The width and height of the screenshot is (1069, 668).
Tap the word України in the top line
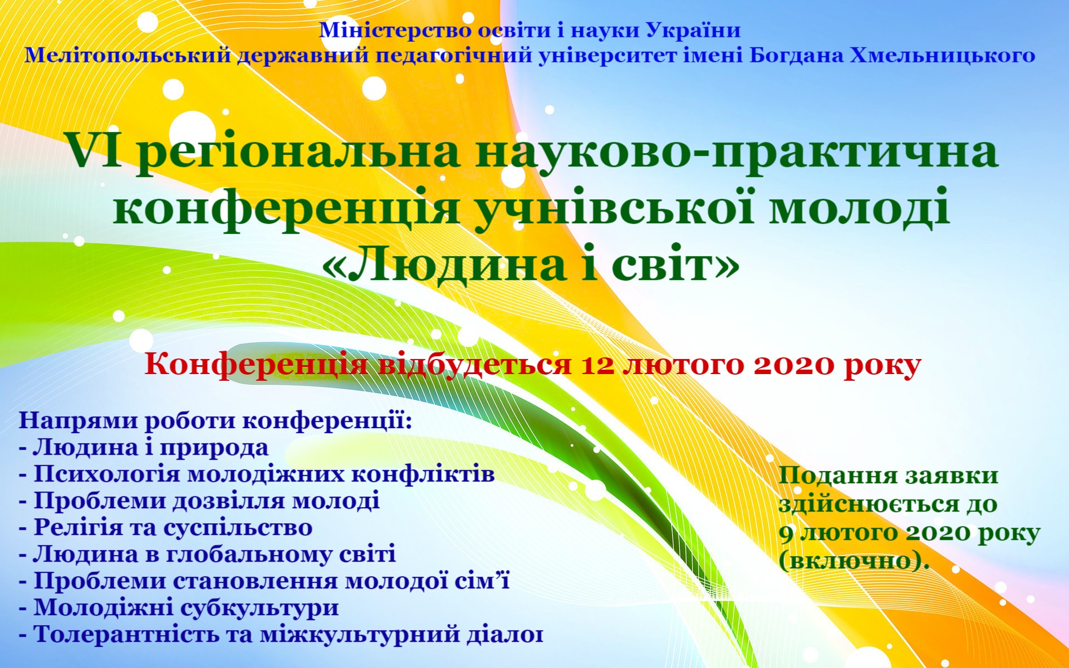(693, 30)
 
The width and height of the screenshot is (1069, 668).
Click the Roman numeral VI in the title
(101, 151)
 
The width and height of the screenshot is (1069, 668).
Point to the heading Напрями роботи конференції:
(215, 421)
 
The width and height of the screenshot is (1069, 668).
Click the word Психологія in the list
(107, 474)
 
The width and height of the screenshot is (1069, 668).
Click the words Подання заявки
(889, 475)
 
